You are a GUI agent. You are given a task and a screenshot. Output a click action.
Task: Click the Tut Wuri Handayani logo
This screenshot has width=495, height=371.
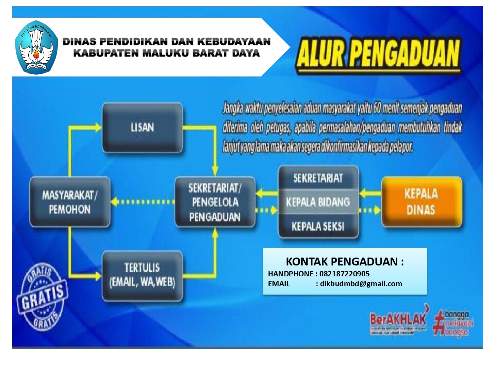tap(36, 47)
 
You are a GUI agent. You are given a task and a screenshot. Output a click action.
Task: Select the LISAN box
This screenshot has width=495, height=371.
tap(142, 128)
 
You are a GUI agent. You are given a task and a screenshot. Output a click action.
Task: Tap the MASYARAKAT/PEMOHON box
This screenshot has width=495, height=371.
tap(70, 202)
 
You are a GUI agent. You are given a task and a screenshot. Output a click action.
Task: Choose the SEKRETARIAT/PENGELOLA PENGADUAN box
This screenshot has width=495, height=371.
tap(215, 202)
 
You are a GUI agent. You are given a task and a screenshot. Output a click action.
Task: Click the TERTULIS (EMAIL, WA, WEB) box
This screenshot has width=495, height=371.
tap(142, 275)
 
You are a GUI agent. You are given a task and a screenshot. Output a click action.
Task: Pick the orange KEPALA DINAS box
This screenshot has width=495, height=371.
tap(421, 202)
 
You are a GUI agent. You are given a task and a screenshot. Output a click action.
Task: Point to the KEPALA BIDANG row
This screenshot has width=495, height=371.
tap(318, 202)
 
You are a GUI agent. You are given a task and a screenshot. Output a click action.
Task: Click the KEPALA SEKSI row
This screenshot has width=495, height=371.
tap(318, 226)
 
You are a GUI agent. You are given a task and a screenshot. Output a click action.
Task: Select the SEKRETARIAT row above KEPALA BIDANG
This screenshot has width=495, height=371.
tap(318, 178)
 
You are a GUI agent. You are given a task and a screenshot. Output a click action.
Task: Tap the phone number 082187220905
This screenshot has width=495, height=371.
tap(344, 274)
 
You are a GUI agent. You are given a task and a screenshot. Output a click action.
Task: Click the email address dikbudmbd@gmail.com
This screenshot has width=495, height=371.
tap(361, 284)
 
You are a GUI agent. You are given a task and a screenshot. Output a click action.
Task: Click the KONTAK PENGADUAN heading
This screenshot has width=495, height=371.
tap(345, 262)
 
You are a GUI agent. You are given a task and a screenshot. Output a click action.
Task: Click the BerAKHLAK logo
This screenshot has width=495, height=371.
tap(398, 320)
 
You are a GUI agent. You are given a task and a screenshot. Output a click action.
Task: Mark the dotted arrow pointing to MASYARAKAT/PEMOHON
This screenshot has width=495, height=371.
tap(142, 202)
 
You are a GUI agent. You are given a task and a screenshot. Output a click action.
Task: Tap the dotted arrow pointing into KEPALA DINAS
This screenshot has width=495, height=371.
tap(370, 210)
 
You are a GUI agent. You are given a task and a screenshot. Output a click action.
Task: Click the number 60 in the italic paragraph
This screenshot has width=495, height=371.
tap(377, 108)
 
